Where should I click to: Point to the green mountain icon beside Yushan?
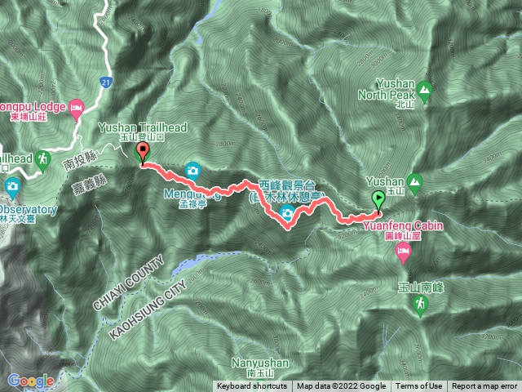click(416, 181)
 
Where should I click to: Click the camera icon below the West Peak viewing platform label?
click(287, 214)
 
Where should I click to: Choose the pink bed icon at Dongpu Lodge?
click(76, 107)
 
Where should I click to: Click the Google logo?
click(32, 381)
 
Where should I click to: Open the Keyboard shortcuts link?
click(252, 386)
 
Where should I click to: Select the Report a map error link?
click(484, 386)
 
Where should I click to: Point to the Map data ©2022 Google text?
click(341, 386)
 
